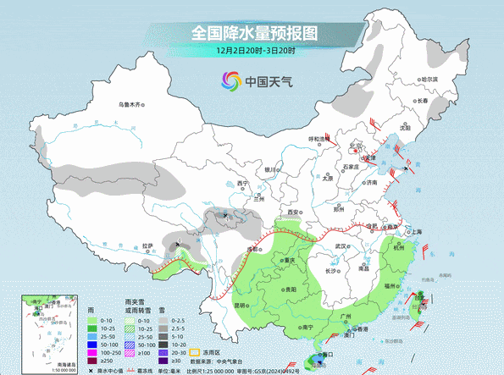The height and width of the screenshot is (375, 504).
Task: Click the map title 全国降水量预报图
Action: pyautogui.click(x=253, y=33)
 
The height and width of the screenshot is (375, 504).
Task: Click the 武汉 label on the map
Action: pyautogui.click(x=341, y=245)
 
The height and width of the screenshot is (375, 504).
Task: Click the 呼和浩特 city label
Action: pyautogui.click(x=318, y=138)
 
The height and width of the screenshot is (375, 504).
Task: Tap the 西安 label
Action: pyautogui.click(x=293, y=212)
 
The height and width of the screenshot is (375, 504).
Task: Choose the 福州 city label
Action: pyautogui.click(x=390, y=287)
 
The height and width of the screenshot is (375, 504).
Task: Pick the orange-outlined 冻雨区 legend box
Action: pyautogui.click(x=193, y=352)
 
